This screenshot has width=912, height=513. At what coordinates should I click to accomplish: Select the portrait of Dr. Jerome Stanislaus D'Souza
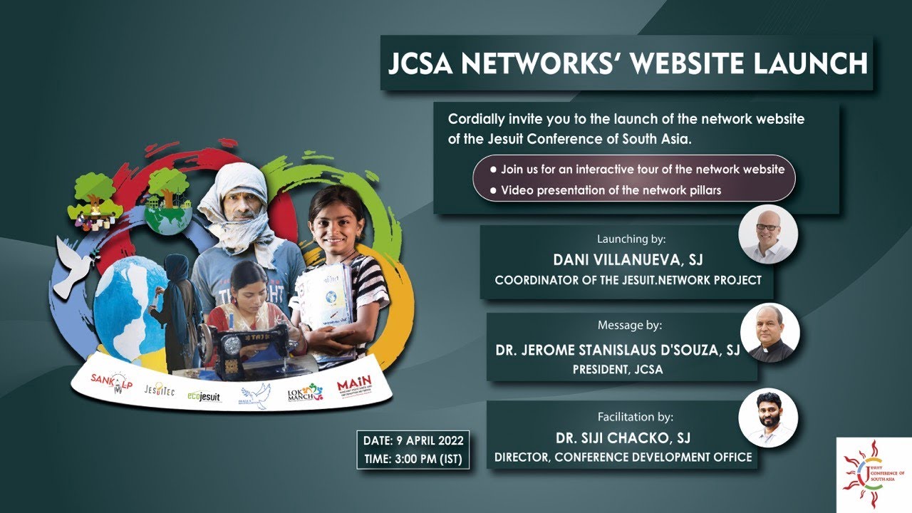[x=770, y=333]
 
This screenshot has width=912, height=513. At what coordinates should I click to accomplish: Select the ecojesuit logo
[x=204, y=396]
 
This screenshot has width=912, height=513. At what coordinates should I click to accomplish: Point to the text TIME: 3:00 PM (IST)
[x=414, y=460]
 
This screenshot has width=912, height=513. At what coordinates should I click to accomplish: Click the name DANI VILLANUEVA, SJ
[x=628, y=260]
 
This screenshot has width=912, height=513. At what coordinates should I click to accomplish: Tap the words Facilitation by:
[x=635, y=417]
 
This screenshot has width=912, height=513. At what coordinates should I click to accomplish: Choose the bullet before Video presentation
[x=494, y=190]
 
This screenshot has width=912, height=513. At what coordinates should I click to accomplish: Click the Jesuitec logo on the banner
[x=159, y=391]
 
